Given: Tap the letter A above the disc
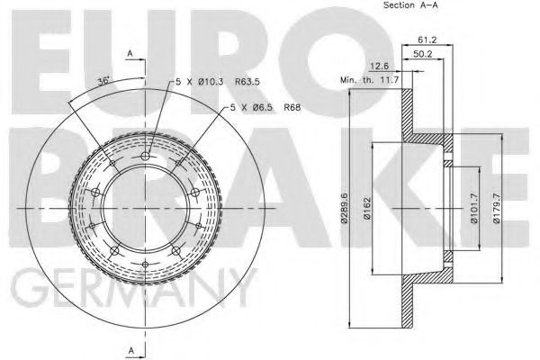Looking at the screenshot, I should [x=130, y=54].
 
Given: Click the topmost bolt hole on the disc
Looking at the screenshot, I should [x=146, y=156].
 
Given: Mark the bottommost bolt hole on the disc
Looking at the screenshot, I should [x=146, y=264].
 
